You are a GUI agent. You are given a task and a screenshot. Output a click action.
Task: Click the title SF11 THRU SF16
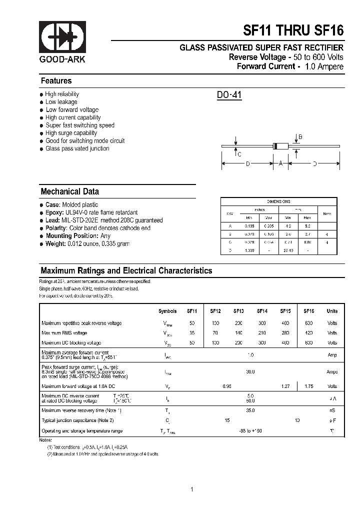293,30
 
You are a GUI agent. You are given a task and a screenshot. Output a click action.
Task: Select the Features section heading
56,81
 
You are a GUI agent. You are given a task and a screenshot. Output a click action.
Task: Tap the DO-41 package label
229,94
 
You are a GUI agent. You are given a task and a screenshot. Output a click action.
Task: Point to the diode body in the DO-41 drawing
281,146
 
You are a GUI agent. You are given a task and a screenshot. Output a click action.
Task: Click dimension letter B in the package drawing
300,137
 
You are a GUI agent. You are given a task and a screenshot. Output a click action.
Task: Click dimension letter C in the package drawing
239,154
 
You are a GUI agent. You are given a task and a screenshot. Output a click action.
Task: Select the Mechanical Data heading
69,191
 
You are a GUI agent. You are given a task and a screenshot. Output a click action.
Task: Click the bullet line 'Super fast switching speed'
80,125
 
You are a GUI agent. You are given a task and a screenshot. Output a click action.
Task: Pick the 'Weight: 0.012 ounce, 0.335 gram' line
87,243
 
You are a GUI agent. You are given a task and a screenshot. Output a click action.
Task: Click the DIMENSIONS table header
278,201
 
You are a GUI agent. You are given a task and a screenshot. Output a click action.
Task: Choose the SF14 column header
262,311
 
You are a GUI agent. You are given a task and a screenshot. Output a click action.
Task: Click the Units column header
332,311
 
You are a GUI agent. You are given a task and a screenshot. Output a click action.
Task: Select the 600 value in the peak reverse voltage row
309,323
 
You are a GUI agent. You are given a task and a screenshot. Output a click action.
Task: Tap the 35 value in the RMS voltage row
192,333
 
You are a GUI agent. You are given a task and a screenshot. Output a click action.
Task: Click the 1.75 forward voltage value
309,386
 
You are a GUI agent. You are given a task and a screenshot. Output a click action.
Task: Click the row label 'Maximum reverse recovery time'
81,410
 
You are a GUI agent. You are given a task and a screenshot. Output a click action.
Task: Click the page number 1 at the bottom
192,489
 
